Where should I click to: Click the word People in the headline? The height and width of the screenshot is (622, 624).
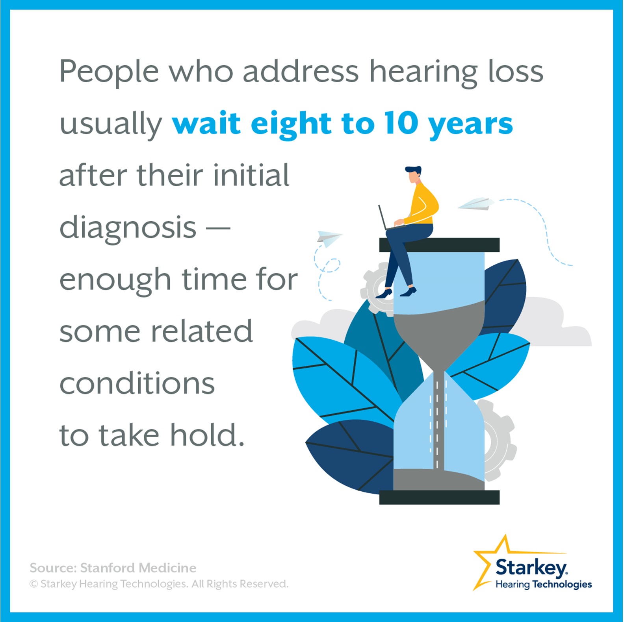[109, 72]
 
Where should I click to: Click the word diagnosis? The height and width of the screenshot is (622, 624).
[128, 228]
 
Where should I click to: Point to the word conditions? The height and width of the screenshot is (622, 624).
[137, 383]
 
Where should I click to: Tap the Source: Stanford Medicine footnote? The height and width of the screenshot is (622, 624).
[113, 568]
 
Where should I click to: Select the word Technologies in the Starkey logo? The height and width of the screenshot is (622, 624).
[562, 585]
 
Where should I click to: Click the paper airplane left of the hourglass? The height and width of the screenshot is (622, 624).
[328, 237]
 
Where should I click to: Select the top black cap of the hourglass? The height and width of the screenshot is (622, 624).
[439, 245]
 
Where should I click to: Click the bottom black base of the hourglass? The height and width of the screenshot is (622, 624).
[439, 497]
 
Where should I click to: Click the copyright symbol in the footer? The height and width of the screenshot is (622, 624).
[34, 584]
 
